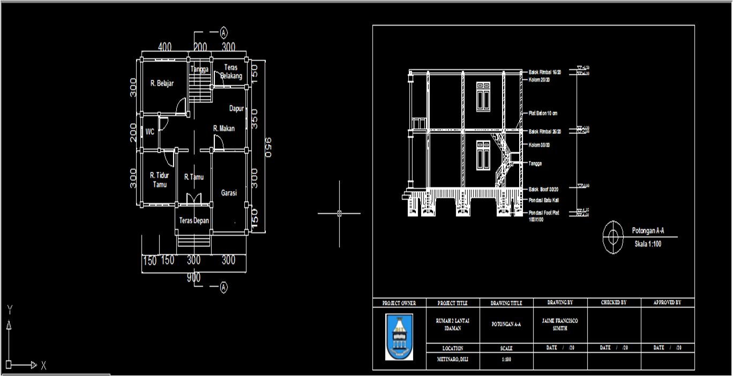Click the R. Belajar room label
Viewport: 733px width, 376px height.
click(x=162, y=84)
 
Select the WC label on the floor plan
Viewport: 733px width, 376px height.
click(x=150, y=132)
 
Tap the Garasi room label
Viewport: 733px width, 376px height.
click(x=229, y=193)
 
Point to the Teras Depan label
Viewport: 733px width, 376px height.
click(x=194, y=221)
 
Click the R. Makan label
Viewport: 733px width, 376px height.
click(x=224, y=129)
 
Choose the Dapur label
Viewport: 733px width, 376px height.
click(x=237, y=109)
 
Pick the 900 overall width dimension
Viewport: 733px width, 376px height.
click(x=193, y=277)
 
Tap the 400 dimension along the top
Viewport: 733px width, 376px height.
click(x=164, y=47)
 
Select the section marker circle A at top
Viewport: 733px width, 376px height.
click(x=224, y=32)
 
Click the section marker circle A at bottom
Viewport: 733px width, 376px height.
click(x=224, y=288)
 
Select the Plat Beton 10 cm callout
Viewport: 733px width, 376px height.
click(x=543, y=114)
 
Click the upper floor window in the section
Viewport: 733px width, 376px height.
click(x=483, y=97)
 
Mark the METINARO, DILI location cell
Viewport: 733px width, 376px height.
click(x=453, y=359)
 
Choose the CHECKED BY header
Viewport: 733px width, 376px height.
click(x=614, y=303)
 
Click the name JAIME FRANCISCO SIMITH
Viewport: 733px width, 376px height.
click(x=560, y=325)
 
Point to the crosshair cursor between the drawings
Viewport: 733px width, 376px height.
click(x=339, y=213)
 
